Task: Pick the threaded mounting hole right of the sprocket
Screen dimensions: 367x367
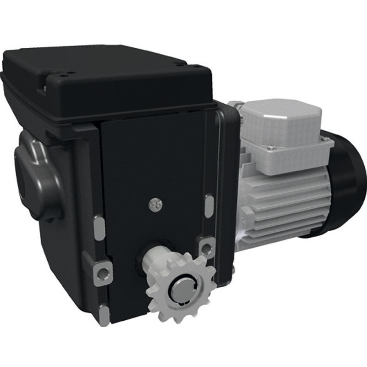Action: (207, 248)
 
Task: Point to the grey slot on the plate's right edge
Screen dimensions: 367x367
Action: (209, 206)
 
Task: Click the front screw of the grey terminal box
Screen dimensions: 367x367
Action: (272, 148)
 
